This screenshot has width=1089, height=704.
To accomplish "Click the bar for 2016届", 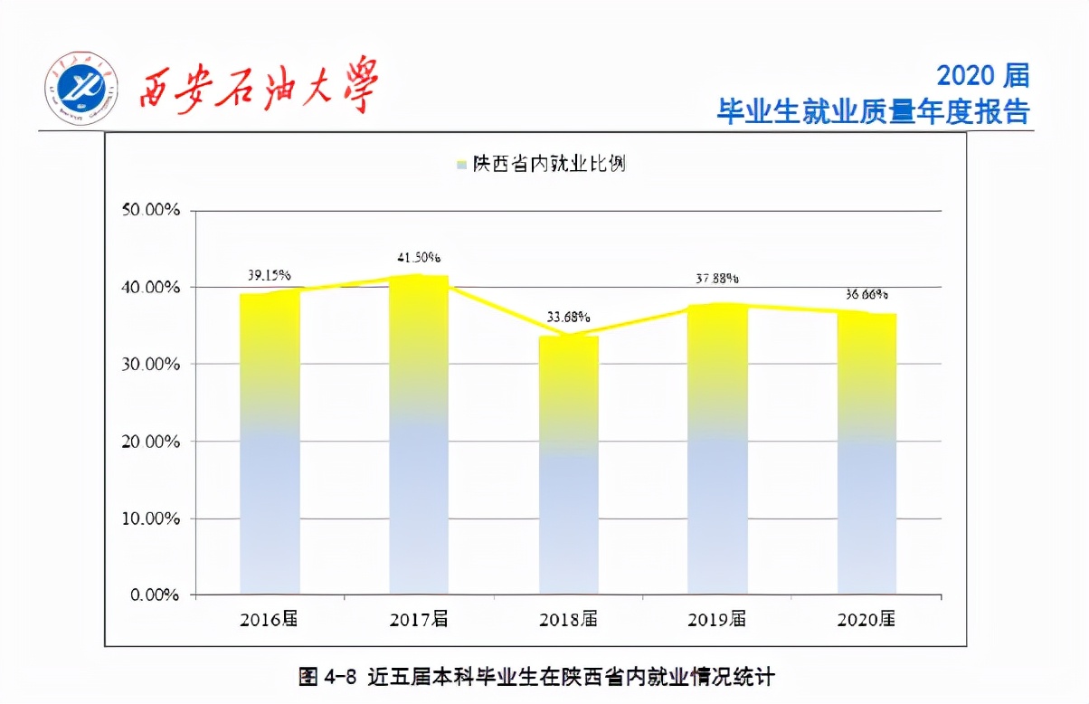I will coord(270,443).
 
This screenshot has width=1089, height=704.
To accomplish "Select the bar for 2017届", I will coord(419,434).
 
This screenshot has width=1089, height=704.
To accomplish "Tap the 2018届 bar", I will coord(568,465).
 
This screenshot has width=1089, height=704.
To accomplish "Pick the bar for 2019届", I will coord(717,449).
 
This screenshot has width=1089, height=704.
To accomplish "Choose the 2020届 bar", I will coord(866,453).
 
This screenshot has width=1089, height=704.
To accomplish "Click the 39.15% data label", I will coord(270,275).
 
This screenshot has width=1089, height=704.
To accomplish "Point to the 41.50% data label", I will coord(420,257).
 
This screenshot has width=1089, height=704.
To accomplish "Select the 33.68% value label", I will coord(568,318).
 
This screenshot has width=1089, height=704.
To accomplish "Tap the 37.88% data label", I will coord(717,278).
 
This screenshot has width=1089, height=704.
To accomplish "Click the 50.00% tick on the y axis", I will coord(151,210).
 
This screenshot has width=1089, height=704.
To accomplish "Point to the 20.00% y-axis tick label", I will coord(151,442).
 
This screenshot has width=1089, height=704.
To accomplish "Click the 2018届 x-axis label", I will coord(568,620).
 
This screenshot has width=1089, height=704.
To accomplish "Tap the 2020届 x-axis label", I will coord(866,620).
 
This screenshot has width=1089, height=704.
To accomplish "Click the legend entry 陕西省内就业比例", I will coord(542,164).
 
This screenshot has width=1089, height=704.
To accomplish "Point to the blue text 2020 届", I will coord(982,75).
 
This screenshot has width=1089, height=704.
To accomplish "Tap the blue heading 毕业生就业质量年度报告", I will coord(873,111).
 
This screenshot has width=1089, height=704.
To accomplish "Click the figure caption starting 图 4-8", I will coord(537,676).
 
